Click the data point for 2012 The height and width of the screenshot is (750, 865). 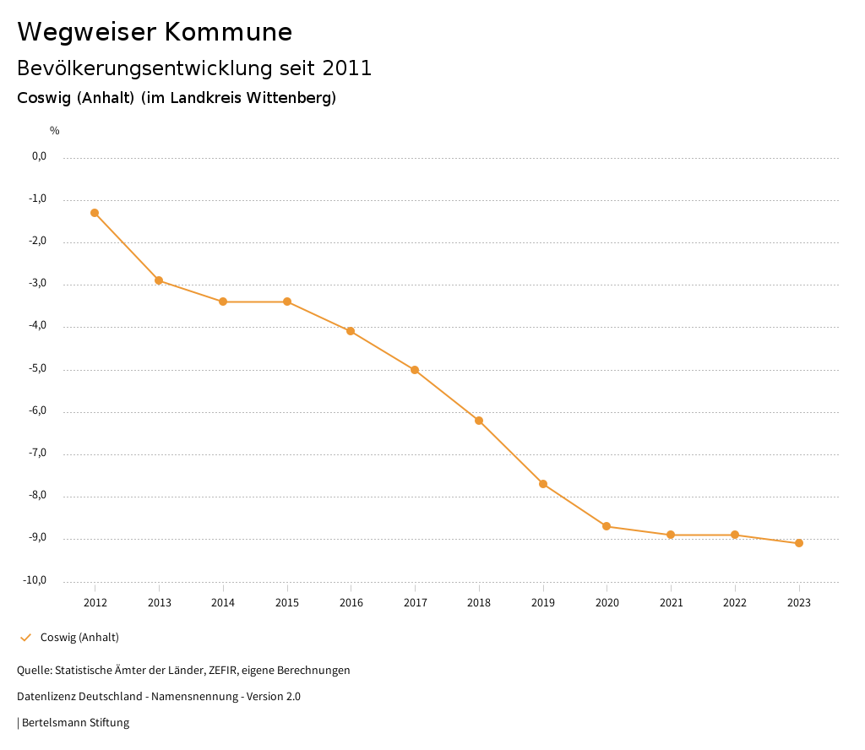click(x=95, y=213)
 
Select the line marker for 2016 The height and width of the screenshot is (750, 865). click(x=351, y=331)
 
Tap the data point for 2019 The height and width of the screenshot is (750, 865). click(x=543, y=484)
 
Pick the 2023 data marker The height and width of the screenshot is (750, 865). click(x=799, y=543)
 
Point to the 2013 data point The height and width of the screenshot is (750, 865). click(x=159, y=280)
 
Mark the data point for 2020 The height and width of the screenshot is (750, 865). click(x=607, y=526)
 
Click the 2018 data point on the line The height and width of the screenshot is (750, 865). click(x=479, y=421)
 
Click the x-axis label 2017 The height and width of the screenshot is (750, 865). click(x=415, y=602)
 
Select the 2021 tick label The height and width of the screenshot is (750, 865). click(x=671, y=602)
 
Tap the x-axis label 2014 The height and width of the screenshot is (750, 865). click(x=223, y=602)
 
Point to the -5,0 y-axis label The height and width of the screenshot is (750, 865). click(x=39, y=368)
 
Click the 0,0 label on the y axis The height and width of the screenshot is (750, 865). click(x=40, y=156)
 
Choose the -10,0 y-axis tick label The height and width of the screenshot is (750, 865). click(x=36, y=580)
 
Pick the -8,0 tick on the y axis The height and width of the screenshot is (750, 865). click(x=39, y=496)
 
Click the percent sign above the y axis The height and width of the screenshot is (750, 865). click(x=55, y=131)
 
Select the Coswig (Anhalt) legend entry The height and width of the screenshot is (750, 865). click(x=79, y=637)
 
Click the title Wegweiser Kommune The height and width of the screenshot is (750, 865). click(x=155, y=32)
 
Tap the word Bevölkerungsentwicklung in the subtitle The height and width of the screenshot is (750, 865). click(x=134, y=68)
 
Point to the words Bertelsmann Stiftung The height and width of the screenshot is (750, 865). click(x=75, y=722)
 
